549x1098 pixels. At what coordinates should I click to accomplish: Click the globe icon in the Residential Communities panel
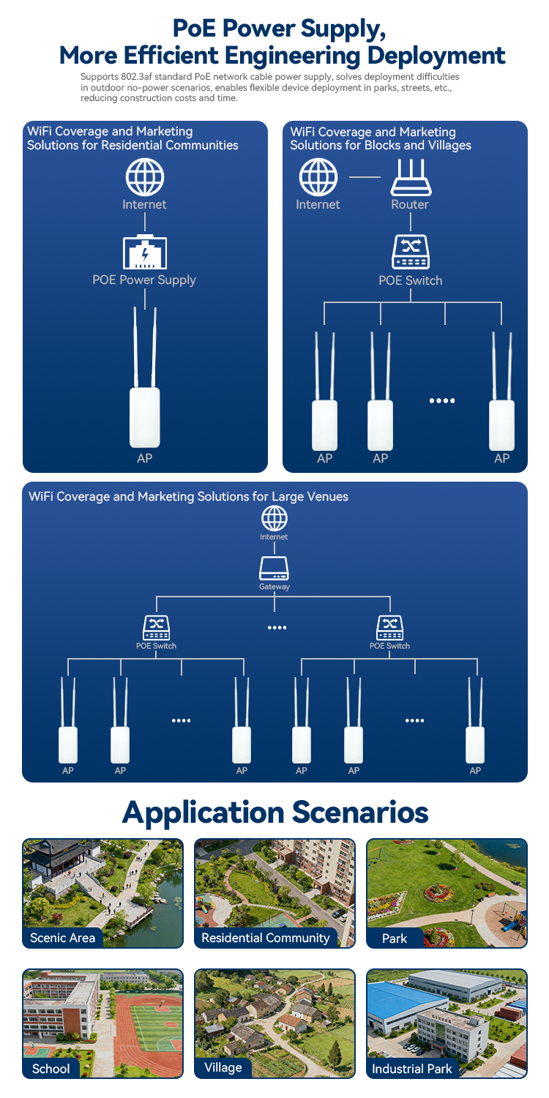point(144,177)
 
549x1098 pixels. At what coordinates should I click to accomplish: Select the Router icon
point(410,177)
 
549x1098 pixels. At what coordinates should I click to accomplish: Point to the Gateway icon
point(274,569)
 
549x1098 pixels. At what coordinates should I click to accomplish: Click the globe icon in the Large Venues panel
point(274,518)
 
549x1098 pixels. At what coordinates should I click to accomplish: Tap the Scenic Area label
point(63,938)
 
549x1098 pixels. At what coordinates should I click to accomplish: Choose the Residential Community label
point(266,938)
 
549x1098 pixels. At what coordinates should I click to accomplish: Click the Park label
point(395,938)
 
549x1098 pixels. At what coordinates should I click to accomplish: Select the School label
point(51,1069)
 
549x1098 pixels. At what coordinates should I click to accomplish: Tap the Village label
point(223,1067)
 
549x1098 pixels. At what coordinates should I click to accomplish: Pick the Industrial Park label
point(412,1069)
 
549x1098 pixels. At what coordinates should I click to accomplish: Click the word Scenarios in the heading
point(359,812)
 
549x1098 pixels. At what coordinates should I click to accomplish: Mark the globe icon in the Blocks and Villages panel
point(318,177)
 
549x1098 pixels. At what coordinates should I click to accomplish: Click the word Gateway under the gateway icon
point(274,587)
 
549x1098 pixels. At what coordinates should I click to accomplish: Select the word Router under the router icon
point(410,205)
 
